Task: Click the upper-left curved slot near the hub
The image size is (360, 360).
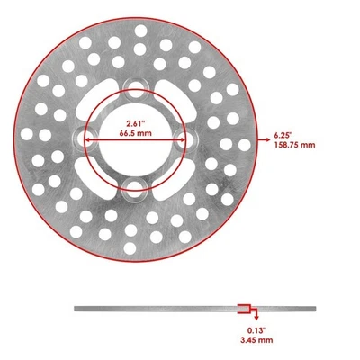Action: click(x=101, y=105)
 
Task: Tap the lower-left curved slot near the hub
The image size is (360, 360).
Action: click(x=101, y=171)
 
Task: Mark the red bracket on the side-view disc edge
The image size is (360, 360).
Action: click(x=243, y=310)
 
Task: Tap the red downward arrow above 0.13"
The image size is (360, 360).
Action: click(x=256, y=317)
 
